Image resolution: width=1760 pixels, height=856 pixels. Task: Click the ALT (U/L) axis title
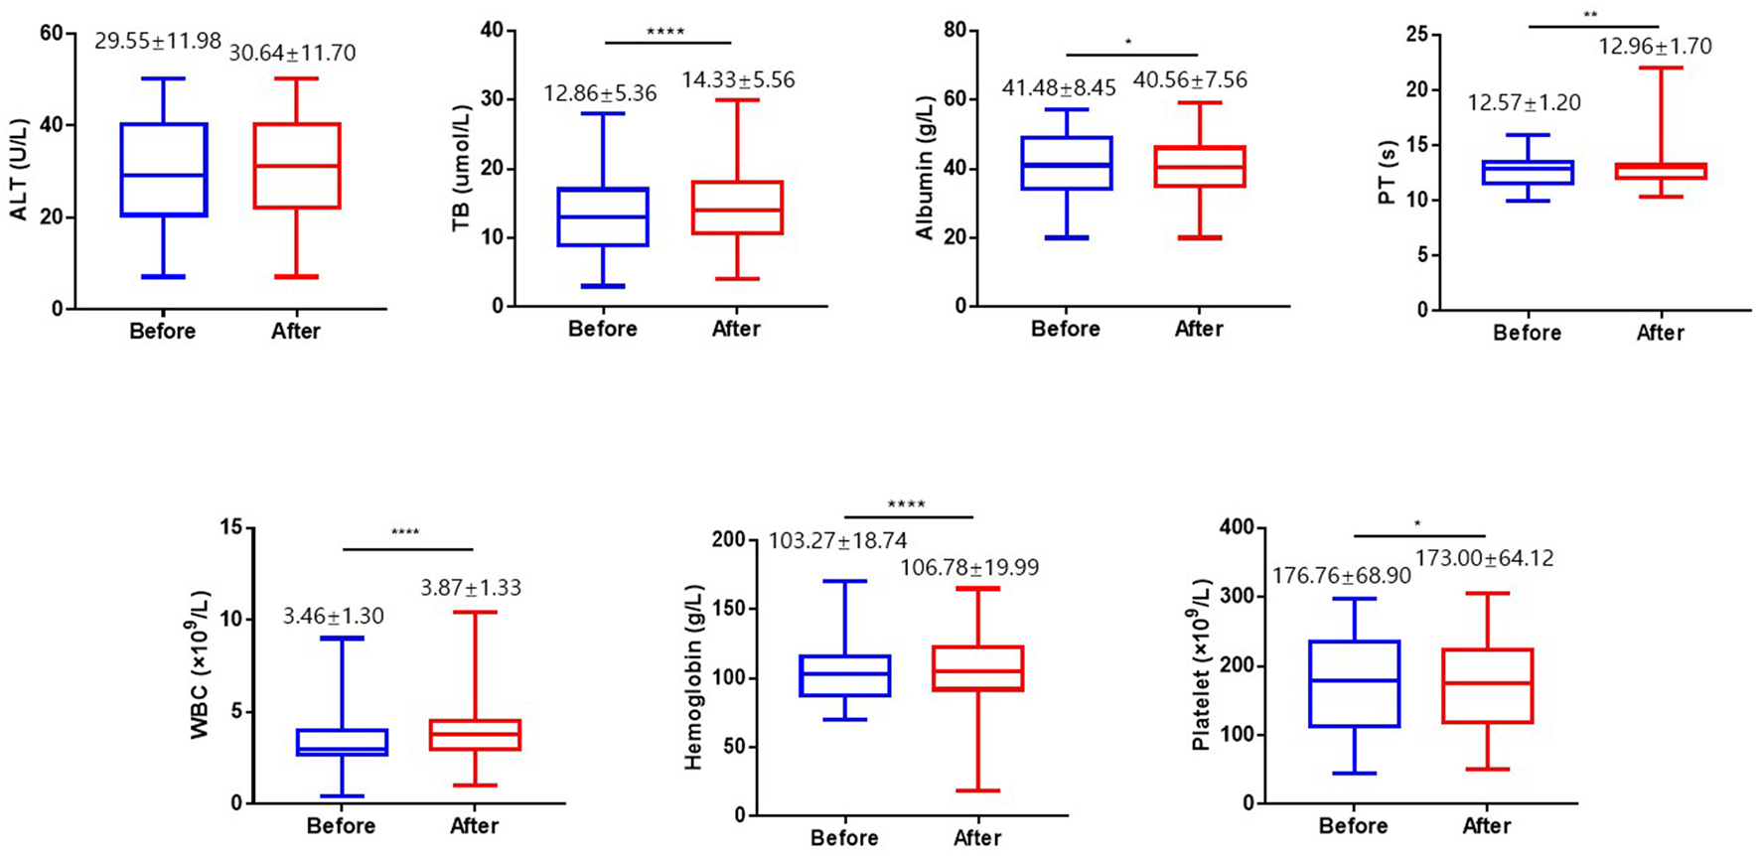point(19,169)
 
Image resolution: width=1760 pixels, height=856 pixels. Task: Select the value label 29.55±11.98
point(158,42)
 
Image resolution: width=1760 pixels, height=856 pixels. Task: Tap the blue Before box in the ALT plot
point(164,169)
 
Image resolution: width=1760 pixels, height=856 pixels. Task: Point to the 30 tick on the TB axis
point(490,99)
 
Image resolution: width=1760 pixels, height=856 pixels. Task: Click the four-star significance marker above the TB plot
point(665,32)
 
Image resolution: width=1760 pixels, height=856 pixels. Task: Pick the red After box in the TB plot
point(738,208)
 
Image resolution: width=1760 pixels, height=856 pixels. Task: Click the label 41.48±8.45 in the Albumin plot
point(1059,88)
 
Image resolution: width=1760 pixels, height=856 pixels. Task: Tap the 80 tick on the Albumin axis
point(954,31)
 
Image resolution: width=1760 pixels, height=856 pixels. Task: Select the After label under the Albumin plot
point(1199,329)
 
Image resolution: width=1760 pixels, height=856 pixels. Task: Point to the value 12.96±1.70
point(1655,47)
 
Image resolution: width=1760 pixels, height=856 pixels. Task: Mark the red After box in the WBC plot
point(475,735)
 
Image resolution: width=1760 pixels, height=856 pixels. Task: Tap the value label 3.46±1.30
point(333,617)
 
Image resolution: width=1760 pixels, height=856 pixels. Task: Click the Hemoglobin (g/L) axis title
point(693,677)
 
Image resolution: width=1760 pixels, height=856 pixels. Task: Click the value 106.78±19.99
point(969,568)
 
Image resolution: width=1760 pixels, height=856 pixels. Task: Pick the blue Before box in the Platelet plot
point(1355,684)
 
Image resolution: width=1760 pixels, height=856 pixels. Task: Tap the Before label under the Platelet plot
point(1353,826)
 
